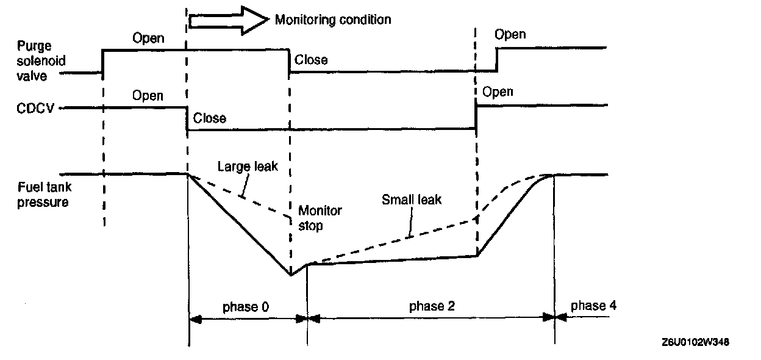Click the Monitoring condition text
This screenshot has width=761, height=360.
pos(332,20)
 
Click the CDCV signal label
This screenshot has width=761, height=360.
pos(37,109)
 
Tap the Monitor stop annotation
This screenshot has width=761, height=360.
pos(320,217)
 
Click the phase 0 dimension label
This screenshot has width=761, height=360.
pos(246,306)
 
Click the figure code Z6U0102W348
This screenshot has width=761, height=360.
pos(694,342)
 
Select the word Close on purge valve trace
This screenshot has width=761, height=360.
pos(311,60)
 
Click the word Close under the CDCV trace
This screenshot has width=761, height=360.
pos(209,118)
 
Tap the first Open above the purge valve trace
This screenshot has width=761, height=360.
pos(148,38)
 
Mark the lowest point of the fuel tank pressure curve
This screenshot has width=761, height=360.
pos(291,275)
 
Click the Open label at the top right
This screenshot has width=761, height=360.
pos(510,34)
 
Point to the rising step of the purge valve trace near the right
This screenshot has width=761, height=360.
pos(497,59)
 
